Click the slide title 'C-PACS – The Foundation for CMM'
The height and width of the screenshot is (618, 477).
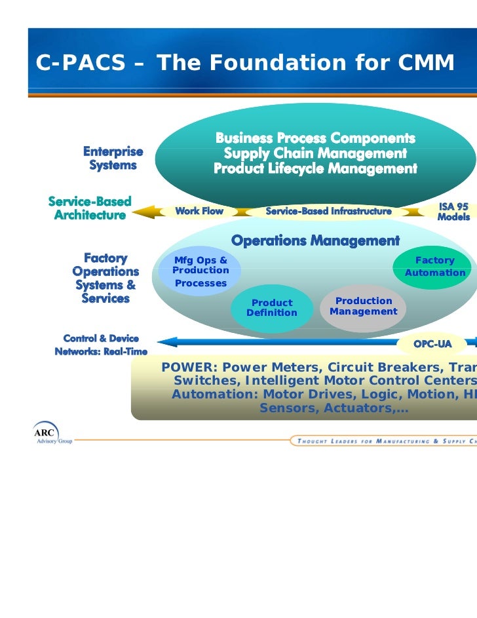(x=244, y=63)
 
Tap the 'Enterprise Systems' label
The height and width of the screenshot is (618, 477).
(x=113, y=159)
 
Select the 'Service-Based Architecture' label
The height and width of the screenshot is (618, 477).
(x=90, y=208)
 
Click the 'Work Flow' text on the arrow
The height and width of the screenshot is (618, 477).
(x=199, y=211)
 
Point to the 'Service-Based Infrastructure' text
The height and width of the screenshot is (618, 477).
(x=328, y=211)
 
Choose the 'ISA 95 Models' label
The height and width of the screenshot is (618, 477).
(x=453, y=212)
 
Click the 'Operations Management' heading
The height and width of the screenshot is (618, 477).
(x=315, y=241)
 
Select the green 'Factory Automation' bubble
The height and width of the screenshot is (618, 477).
(x=434, y=267)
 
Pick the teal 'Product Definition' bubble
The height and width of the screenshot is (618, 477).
(x=271, y=307)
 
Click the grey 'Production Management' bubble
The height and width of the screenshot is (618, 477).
(x=364, y=306)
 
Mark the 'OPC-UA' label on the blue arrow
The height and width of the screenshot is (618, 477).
(x=432, y=344)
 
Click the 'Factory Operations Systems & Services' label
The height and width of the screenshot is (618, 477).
(x=105, y=279)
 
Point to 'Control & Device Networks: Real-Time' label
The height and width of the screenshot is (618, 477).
(x=101, y=345)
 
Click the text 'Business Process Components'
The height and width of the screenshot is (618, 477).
(x=315, y=138)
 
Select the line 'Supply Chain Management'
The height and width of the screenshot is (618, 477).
(x=315, y=153)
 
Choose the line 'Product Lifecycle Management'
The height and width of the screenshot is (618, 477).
(x=315, y=169)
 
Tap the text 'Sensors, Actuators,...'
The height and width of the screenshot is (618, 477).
(x=334, y=408)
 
